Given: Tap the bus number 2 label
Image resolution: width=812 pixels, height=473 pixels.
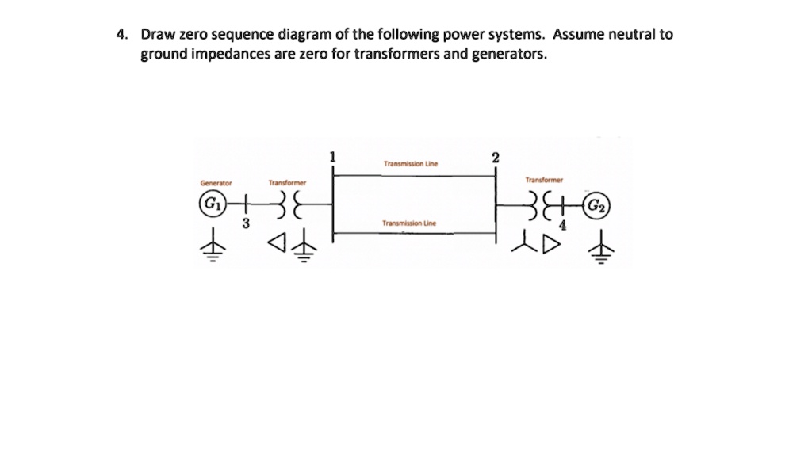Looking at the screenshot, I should coord(496,157).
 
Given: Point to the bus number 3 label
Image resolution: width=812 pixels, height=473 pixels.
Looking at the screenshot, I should coord(246,224).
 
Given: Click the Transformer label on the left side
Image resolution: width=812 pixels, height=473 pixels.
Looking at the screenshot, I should coord(287,183).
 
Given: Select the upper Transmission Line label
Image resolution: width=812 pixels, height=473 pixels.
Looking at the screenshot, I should coord(411,165).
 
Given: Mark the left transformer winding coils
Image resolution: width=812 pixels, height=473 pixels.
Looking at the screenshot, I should coord(286,204).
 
